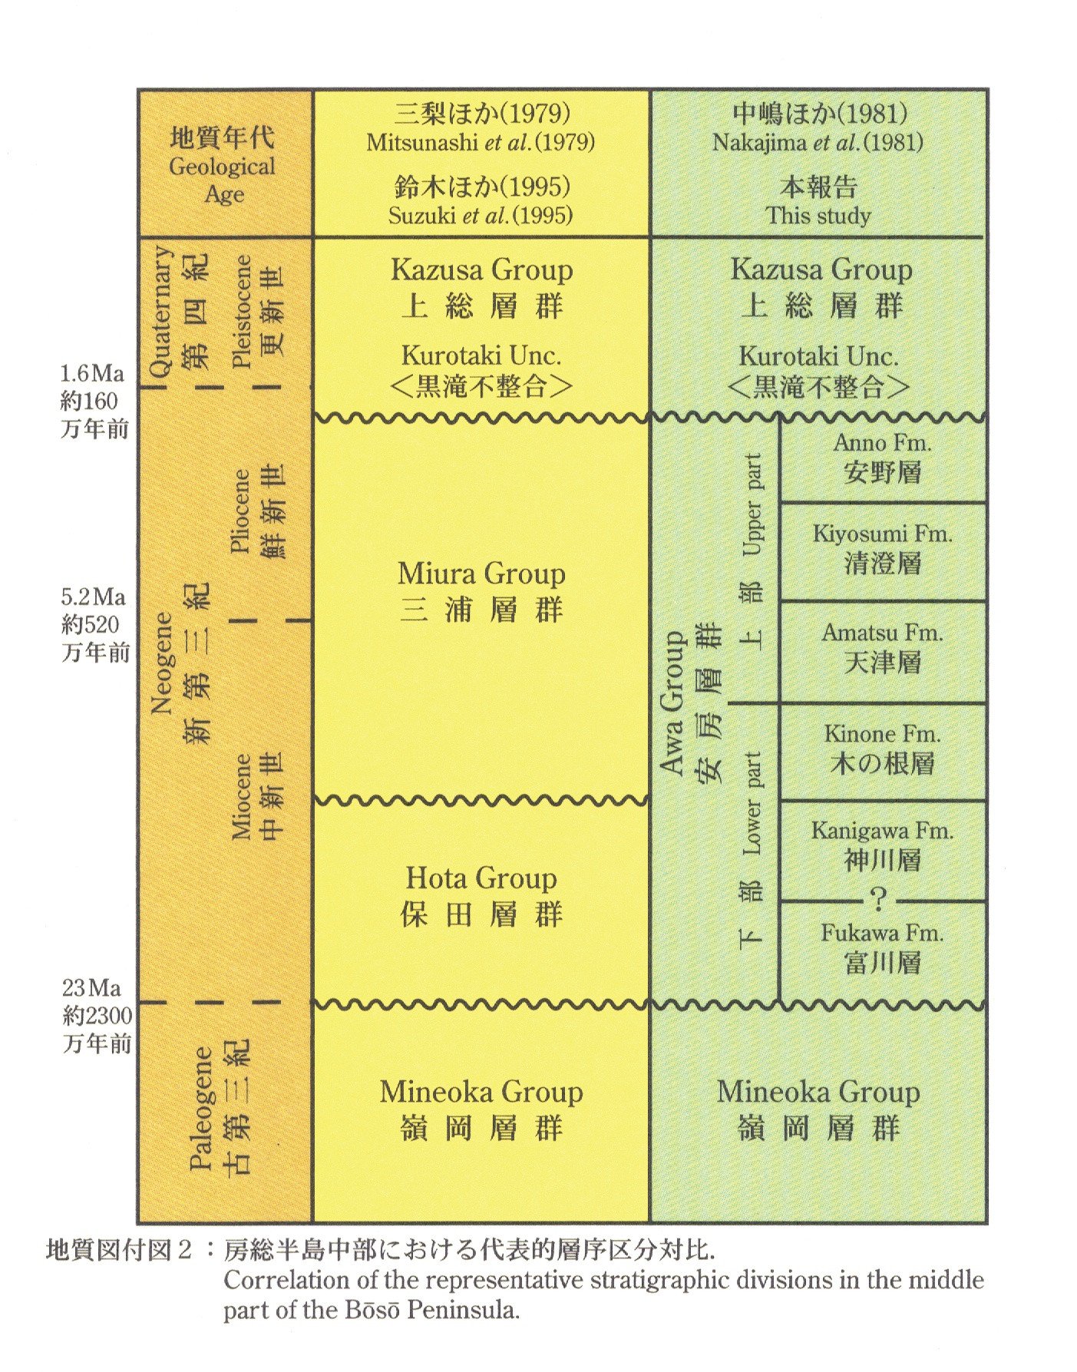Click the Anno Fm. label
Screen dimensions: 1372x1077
[x=882, y=443]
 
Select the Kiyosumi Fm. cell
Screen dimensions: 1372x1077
[x=882, y=550]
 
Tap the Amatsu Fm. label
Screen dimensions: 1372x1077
[x=882, y=633]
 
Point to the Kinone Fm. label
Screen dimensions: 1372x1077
[x=882, y=734]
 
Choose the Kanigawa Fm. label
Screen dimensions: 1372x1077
[x=882, y=831]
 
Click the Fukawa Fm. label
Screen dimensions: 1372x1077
[x=882, y=933]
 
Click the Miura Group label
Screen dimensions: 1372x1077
[x=481, y=574]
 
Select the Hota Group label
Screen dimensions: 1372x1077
[x=481, y=878]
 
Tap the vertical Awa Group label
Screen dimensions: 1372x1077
[x=673, y=703]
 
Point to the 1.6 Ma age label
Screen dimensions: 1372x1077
[x=92, y=374]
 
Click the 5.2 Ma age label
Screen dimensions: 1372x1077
[x=93, y=597]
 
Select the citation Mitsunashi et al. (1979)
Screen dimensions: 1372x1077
[x=481, y=143]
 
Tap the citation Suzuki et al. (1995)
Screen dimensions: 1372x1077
[x=481, y=216]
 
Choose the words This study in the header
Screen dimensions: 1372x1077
[x=818, y=216]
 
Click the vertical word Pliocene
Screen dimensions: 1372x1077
[x=241, y=511]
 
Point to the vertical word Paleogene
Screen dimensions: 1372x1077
[x=201, y=1107]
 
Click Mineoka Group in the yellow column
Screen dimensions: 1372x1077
[x=481, y=1092]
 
